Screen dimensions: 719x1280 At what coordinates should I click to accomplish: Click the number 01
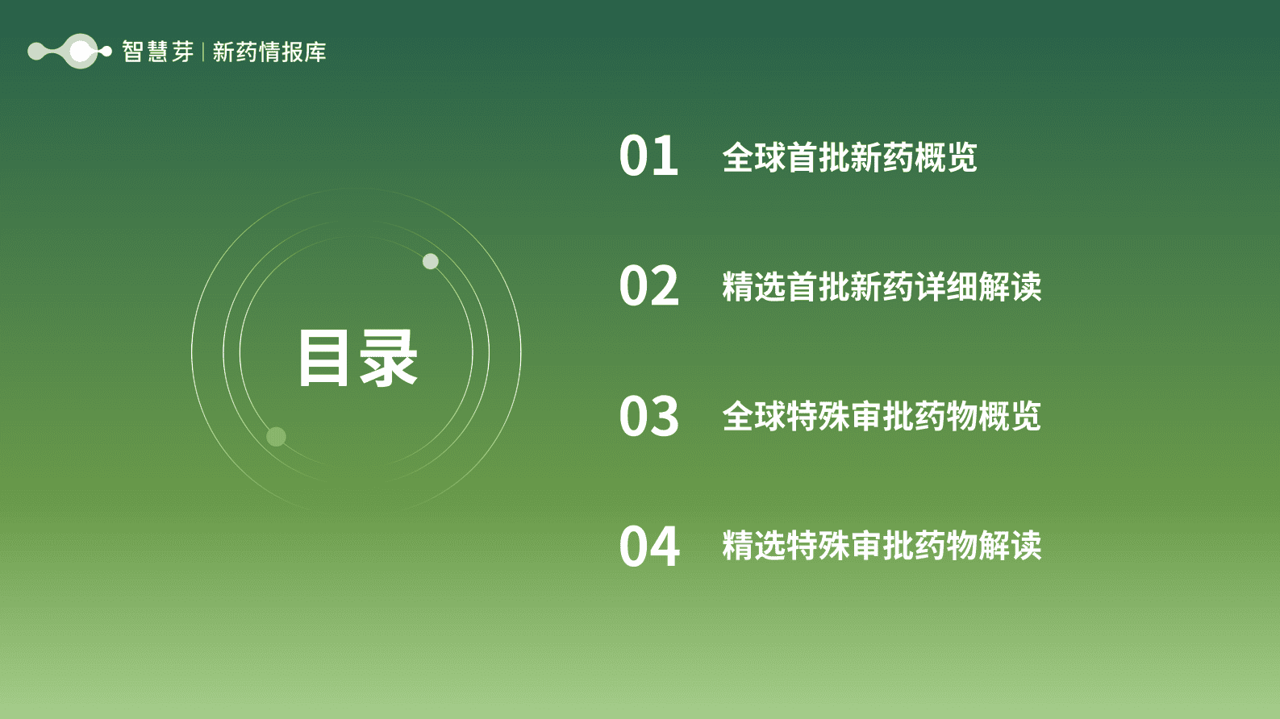pos(648,156)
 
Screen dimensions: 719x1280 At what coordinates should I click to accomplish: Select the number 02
pos(648,286)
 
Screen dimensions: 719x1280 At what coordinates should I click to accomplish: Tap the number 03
pos(648,416)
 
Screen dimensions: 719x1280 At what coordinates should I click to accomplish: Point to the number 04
pos(648,546)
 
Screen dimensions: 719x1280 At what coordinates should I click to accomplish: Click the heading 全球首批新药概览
pos(849,157)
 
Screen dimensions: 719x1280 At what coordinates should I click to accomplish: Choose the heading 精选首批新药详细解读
pos(882,287)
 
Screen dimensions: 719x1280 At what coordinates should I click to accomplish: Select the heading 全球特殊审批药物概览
pos(882,417)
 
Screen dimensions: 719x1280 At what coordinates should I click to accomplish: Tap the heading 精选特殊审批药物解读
pos(882,546)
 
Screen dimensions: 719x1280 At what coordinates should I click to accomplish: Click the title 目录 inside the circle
pos(357,358)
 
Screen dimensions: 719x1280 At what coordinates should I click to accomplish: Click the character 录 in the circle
pos(389,358)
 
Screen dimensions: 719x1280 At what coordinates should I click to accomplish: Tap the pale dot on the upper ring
pos(431,261)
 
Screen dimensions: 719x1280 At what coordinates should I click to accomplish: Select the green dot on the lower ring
pos(276,437)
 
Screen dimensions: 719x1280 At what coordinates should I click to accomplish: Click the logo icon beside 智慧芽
pos(69,52)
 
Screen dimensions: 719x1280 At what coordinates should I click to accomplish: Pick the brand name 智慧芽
pos(157,52)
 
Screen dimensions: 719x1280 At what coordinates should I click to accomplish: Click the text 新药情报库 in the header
pos(269,52)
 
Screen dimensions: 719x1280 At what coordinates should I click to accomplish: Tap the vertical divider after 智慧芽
pos(202,52)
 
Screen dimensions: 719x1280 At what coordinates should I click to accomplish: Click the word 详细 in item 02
pos(945,287)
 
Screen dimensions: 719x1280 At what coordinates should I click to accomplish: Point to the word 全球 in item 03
pos(753,417)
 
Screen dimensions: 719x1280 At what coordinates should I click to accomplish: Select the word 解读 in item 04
pos(1010,546)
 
